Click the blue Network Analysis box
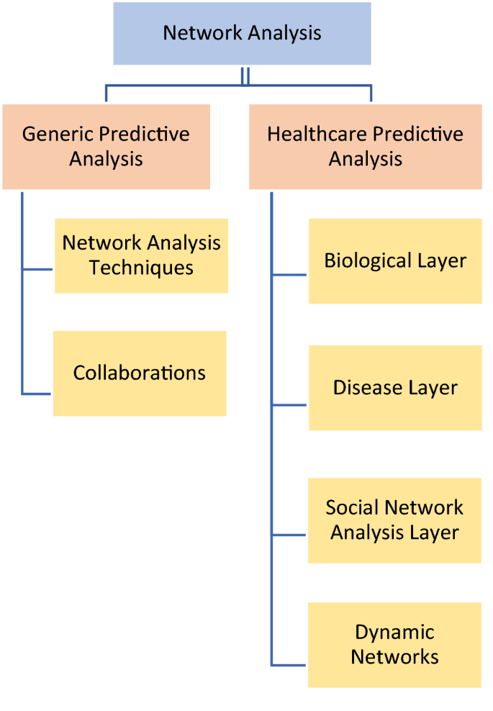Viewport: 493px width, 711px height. (242, 33)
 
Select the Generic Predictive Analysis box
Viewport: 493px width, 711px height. (106, 147)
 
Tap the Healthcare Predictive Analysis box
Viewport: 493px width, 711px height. (365, 147)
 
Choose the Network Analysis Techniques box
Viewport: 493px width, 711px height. (141, 255)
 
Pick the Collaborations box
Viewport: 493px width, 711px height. (140, 373)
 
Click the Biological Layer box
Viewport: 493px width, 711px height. (395, 261)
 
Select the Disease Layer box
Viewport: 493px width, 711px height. (395, 388)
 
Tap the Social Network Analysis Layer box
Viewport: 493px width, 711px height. (394, 520)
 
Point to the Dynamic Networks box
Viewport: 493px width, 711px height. (394, 645)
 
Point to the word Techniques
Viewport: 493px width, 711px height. (141, 268)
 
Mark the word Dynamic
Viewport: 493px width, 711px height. (394, 633)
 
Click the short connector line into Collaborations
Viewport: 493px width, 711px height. (37, 394)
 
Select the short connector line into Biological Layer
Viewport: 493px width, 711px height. (290, 275)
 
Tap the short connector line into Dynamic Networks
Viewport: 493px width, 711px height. (290, 665)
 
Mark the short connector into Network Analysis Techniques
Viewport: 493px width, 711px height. (38, 270)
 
